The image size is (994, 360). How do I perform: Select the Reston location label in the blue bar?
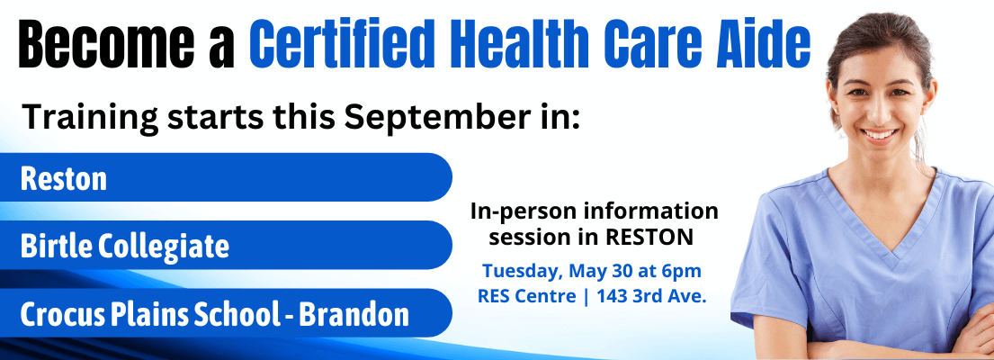[63, 179]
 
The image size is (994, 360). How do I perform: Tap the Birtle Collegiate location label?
[124, 246]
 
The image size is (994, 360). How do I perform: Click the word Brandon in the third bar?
[354, 314]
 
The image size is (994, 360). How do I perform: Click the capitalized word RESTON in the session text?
[649, 237]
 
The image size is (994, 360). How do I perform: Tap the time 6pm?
[683, 272]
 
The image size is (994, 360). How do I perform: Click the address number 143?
[613, 296]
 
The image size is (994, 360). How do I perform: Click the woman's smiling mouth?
[879, 134]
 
